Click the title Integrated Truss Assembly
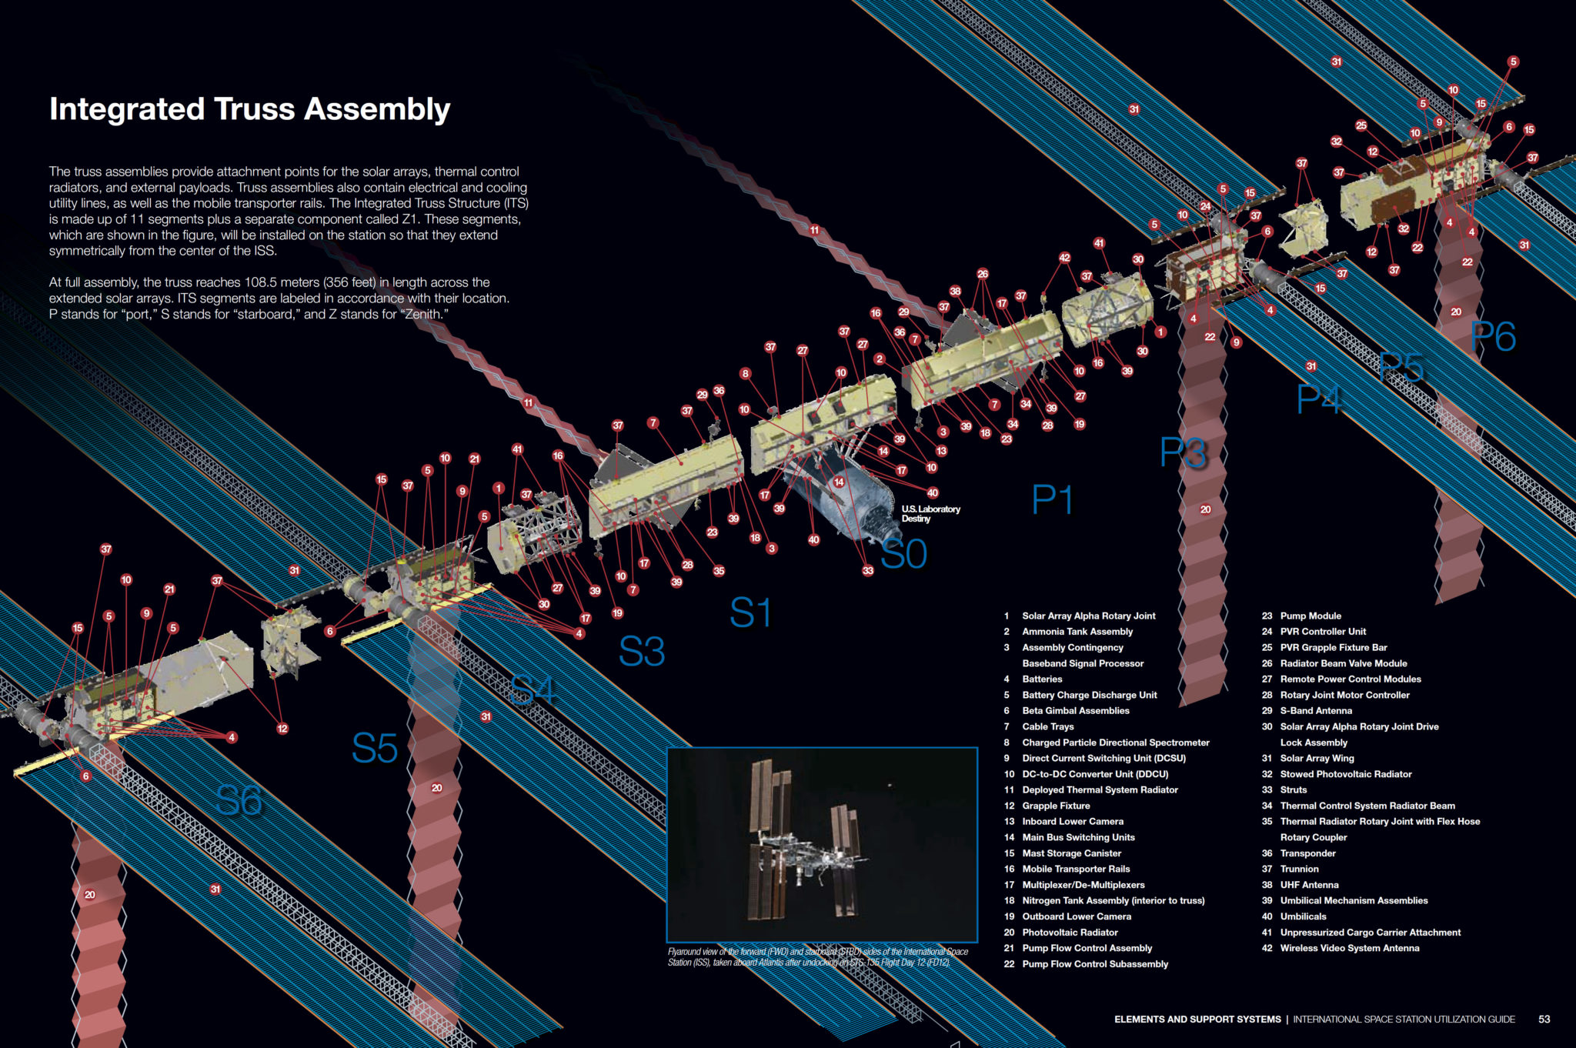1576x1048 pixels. coord(249,108)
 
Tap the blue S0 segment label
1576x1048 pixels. coord(903,553)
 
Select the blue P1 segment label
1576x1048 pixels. coord(1052,499)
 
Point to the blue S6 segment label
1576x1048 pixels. coord(239,800)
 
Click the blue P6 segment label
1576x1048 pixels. coord(1493,336)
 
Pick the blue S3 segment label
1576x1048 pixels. coord(642,651)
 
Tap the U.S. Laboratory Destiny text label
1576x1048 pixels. coord(930,513)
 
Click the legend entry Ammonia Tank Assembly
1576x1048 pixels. coord(1077,632)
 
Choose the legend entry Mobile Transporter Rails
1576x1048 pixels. coord(1075,869)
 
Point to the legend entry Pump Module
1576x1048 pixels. coord(1310,616)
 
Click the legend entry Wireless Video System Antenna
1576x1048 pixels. coord(1349,948)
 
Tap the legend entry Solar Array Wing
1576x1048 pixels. coord(1317,758)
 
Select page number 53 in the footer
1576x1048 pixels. coord(1544,1019)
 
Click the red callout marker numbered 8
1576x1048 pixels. coord(745,373)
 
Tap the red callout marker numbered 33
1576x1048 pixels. coord(868,570)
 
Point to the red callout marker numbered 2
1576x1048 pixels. coord(880,359)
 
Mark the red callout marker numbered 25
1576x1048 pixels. coord(1361,125)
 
